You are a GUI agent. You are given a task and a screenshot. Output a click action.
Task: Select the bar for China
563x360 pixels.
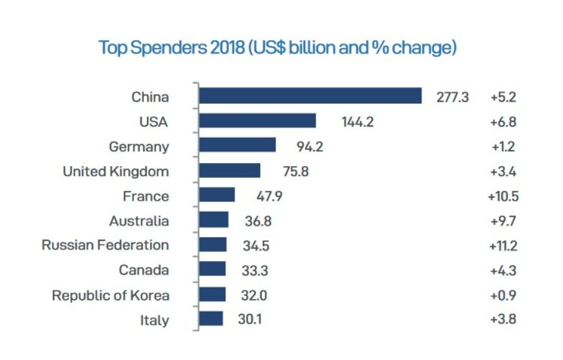click(x=310, y=96)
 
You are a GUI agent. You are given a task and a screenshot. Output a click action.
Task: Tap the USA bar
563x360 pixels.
click(x=257, y=121)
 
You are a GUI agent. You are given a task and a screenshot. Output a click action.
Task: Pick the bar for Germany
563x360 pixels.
click(x=237, y=145)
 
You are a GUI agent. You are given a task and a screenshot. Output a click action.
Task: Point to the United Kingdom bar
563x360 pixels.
click(x=230, y=170)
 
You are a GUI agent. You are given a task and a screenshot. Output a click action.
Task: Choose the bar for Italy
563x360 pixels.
click(x=211, y=319)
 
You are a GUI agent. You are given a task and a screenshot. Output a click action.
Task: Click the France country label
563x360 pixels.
click(x=146, y=196)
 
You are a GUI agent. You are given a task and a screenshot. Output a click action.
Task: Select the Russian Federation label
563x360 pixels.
click(x=106, y=245)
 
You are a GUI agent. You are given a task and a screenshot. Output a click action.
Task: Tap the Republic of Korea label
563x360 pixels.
click(x=111, y=295)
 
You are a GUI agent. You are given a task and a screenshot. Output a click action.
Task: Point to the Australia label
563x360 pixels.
click(x=139, y=220)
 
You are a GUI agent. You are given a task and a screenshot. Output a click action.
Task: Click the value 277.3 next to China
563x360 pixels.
click(x=452, y=97)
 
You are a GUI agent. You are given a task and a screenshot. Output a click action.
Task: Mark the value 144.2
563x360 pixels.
click(x=358, y=122)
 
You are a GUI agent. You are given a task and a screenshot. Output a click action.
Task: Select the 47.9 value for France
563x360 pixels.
click(x=269, y=196)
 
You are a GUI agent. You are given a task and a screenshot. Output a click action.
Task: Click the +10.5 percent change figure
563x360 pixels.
click(x=503, y=196)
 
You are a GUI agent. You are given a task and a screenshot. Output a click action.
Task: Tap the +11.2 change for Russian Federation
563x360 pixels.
click(x=503, y=245)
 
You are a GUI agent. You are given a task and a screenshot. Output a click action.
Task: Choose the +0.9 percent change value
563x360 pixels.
click(x=503, y=295)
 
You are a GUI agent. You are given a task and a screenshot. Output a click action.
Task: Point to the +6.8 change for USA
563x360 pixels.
click(x=503, y=122)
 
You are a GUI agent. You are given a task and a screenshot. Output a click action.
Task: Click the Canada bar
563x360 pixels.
click(x=212, y=269)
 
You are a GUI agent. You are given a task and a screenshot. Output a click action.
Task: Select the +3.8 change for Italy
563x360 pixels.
click(x=503, y=319)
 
